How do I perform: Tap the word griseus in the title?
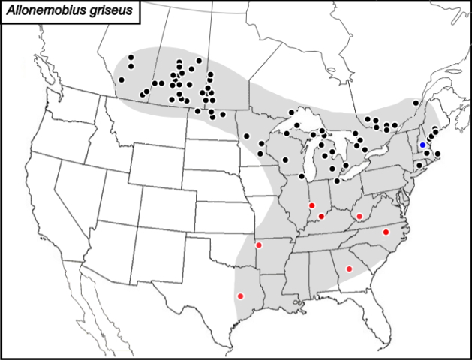pos(96,10)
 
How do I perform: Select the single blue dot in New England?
pos(422,145)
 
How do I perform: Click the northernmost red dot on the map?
pos(311,205)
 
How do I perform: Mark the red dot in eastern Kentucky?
pos(359,217)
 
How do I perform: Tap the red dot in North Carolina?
pos(386,232)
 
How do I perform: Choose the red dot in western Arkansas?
pos(259,245)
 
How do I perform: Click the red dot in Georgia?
pos(349,268)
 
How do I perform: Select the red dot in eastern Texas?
pos(241,296)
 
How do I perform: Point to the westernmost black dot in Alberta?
pos(122,79)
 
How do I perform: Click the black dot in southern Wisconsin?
pos(285,159)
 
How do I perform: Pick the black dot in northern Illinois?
pos(302,177)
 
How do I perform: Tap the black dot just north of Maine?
pos(416,103)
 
